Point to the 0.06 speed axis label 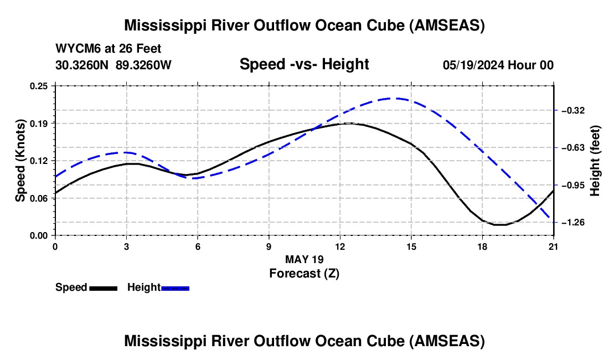pyautogui.click(x=39, y=198)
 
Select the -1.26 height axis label pyautogui.click(x=573, y=223)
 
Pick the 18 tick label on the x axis pyautogui.click(x=482, y=246)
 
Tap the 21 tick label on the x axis pyautogui.click(x=554, y=246)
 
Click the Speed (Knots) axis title pyautogui.click(x=20, y=161)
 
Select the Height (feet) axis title pyautogui.click(x=595, y=161)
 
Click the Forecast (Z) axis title pyautogui.click(x=304, y=274)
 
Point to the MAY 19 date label pyautogui.click(x=304, y=259)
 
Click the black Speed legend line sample pyautogui.click(x=104, y=288)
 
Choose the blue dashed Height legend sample pyautogui.click(x=175, y=288)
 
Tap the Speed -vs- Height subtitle pyautogui.click(x=304, y=64)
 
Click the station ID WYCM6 pyautogui.click(x=79, y=49)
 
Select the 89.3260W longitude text pyautogui.click(x=143, y=65)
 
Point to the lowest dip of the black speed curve pyautogui.click(x=500, y=225)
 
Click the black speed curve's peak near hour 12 pyautogui.click(x=349, y=123)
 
